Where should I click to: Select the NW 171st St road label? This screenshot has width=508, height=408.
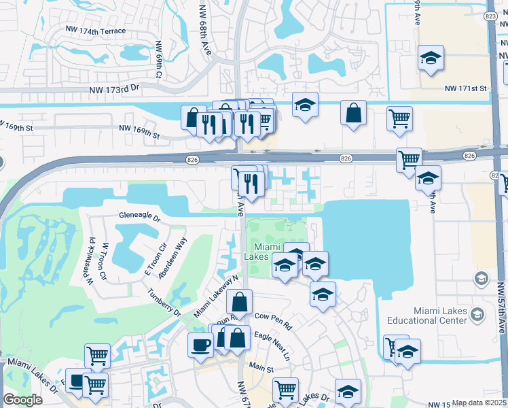[466, 88]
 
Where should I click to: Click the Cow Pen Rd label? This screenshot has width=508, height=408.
[272, 317]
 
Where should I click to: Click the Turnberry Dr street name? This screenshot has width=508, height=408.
[166, 302]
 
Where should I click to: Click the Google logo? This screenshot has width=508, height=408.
[22, 400]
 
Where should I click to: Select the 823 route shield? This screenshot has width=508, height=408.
[491, 16]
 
